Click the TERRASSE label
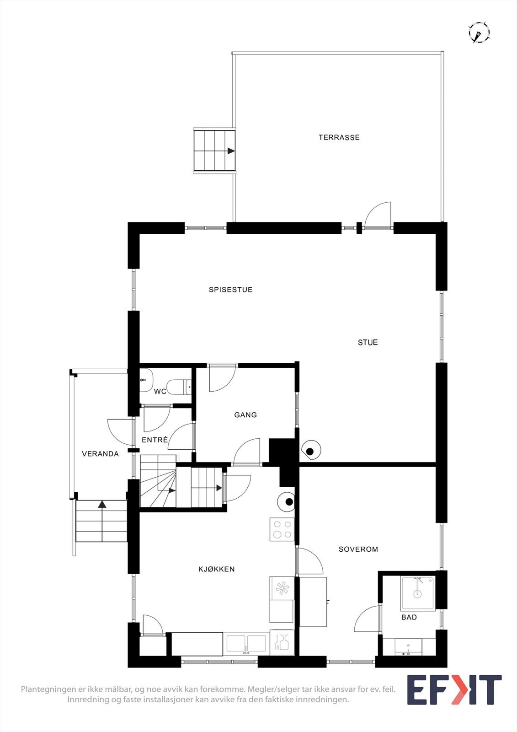click(339, 137)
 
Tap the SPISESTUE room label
click(230, 290)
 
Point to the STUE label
click(368, 342)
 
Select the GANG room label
click(245, 415)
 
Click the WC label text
click(160, 392)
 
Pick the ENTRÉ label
click(155, 440)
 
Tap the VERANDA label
click(100, 454)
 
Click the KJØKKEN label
click(217, 569)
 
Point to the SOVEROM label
click(358, 549)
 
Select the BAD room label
click(409, 617)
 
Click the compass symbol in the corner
click(479, 33)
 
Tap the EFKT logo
click(454, 689)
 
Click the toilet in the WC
click(179, 387)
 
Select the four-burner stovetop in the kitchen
click(282, 529)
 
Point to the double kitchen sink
click(246, 644)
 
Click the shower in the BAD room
click(417, 594)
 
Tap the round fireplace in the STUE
click(311, 451)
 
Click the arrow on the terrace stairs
click(231, 151)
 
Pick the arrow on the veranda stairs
click(102, 504)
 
